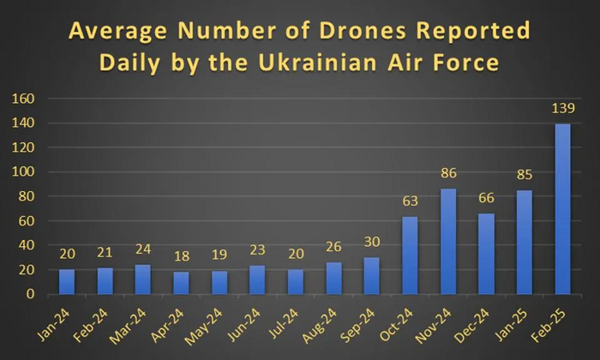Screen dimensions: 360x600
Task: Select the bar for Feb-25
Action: click(562, 208)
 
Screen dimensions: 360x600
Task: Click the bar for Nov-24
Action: click(448, 242)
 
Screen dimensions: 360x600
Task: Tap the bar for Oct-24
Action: click(410, 255)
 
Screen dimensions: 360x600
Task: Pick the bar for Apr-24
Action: click(182, 283)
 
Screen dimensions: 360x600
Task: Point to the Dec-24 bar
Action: click(486, 254)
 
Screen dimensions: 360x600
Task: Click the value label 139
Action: click(562, 109)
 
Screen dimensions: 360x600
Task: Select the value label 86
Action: click(448, 174)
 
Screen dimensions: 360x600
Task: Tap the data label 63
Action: click(410, 202)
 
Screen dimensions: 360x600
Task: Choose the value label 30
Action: click(371, 243)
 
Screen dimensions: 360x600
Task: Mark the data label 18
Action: click(182, 257)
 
